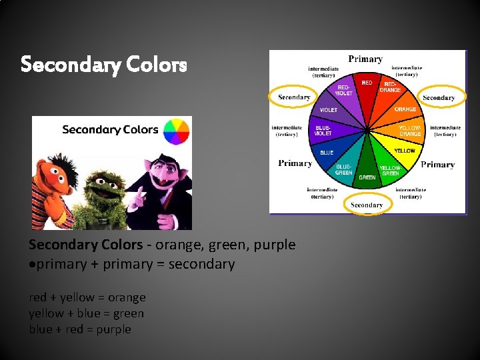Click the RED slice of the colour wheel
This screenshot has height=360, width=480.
point(367,90)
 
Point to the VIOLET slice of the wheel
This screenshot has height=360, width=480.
point(329,109)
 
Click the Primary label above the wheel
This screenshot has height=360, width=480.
point(365,59)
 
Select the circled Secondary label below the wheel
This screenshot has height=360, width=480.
point(367,205)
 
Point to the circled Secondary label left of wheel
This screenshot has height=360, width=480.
point(294,97)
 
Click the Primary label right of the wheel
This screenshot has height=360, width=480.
point(438,165)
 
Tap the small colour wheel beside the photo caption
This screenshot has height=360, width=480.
point(177,131)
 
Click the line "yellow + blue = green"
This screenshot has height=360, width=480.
point(87,313)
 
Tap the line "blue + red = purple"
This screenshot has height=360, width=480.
point(80,329)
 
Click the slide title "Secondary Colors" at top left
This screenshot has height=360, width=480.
point(103,65)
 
